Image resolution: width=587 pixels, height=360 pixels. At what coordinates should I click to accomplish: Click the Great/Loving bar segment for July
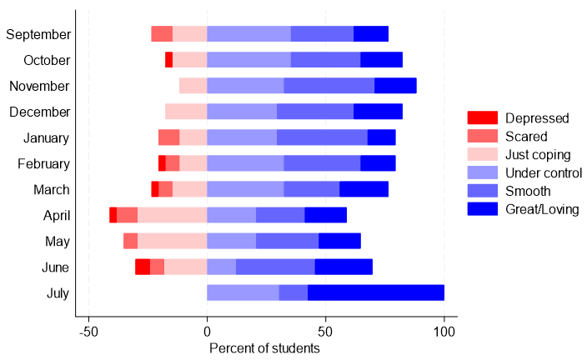(x=376, y=292)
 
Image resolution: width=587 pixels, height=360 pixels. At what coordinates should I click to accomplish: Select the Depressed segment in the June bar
(x=143, y=267)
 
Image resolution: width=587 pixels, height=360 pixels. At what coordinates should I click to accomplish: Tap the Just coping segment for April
(x=172, y=215)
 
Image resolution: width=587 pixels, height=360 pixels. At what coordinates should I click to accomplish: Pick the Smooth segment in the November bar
(x=329, y=86)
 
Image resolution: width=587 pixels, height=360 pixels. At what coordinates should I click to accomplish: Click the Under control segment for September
(x=248, y=34)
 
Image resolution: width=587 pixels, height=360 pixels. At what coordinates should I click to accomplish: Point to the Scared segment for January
(x=168, y=137)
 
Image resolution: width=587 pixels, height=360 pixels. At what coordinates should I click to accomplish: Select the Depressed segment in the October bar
(x=168, y=60)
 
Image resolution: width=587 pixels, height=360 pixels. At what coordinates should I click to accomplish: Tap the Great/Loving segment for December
(x=378, y=112)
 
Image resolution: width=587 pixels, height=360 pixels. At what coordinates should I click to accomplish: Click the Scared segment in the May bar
(x=130, y=241)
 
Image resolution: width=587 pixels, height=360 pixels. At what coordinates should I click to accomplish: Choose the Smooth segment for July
(x=293, y=292)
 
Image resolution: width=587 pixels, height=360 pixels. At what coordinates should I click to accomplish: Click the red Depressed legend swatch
(x=482, y=118)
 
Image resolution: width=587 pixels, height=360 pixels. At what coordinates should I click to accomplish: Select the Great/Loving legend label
(x=542, y=209)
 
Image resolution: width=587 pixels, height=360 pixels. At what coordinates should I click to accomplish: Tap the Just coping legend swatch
(x=482, y=155)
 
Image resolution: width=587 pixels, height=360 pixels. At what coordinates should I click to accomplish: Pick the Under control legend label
(x=544, y=173)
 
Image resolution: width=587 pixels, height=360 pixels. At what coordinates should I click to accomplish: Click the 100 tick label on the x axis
(x=444, y=332)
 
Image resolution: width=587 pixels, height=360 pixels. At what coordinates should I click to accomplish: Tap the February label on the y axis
(x=43, y=163)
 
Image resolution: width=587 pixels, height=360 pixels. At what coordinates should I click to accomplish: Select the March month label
(x=52, y=189)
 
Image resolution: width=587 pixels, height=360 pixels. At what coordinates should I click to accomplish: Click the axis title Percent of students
(x=264, y=347)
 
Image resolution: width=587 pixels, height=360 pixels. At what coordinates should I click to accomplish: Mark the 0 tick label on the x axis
(x=207, y=332)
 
